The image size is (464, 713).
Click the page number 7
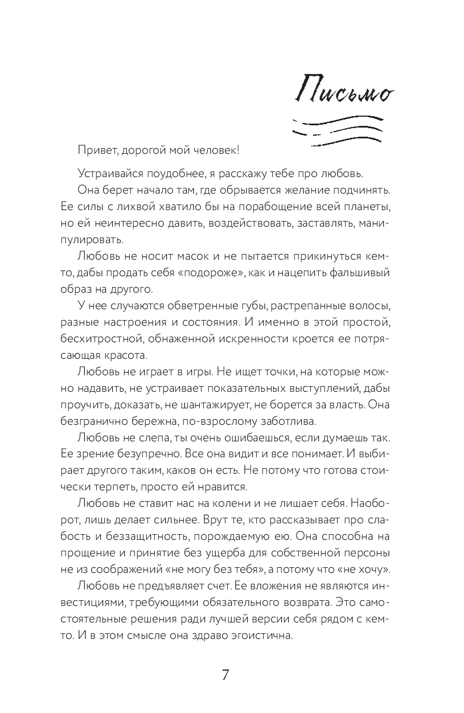(x=225, y=675)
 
